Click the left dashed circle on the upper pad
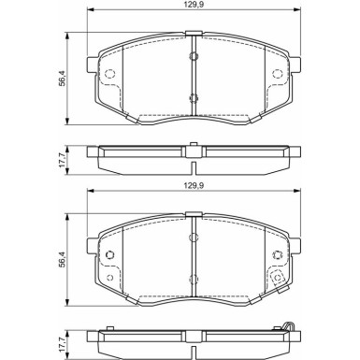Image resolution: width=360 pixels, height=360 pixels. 109,75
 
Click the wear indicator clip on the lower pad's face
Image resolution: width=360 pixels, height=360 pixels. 279,278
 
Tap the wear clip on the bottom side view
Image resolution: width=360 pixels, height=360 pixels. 291,327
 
